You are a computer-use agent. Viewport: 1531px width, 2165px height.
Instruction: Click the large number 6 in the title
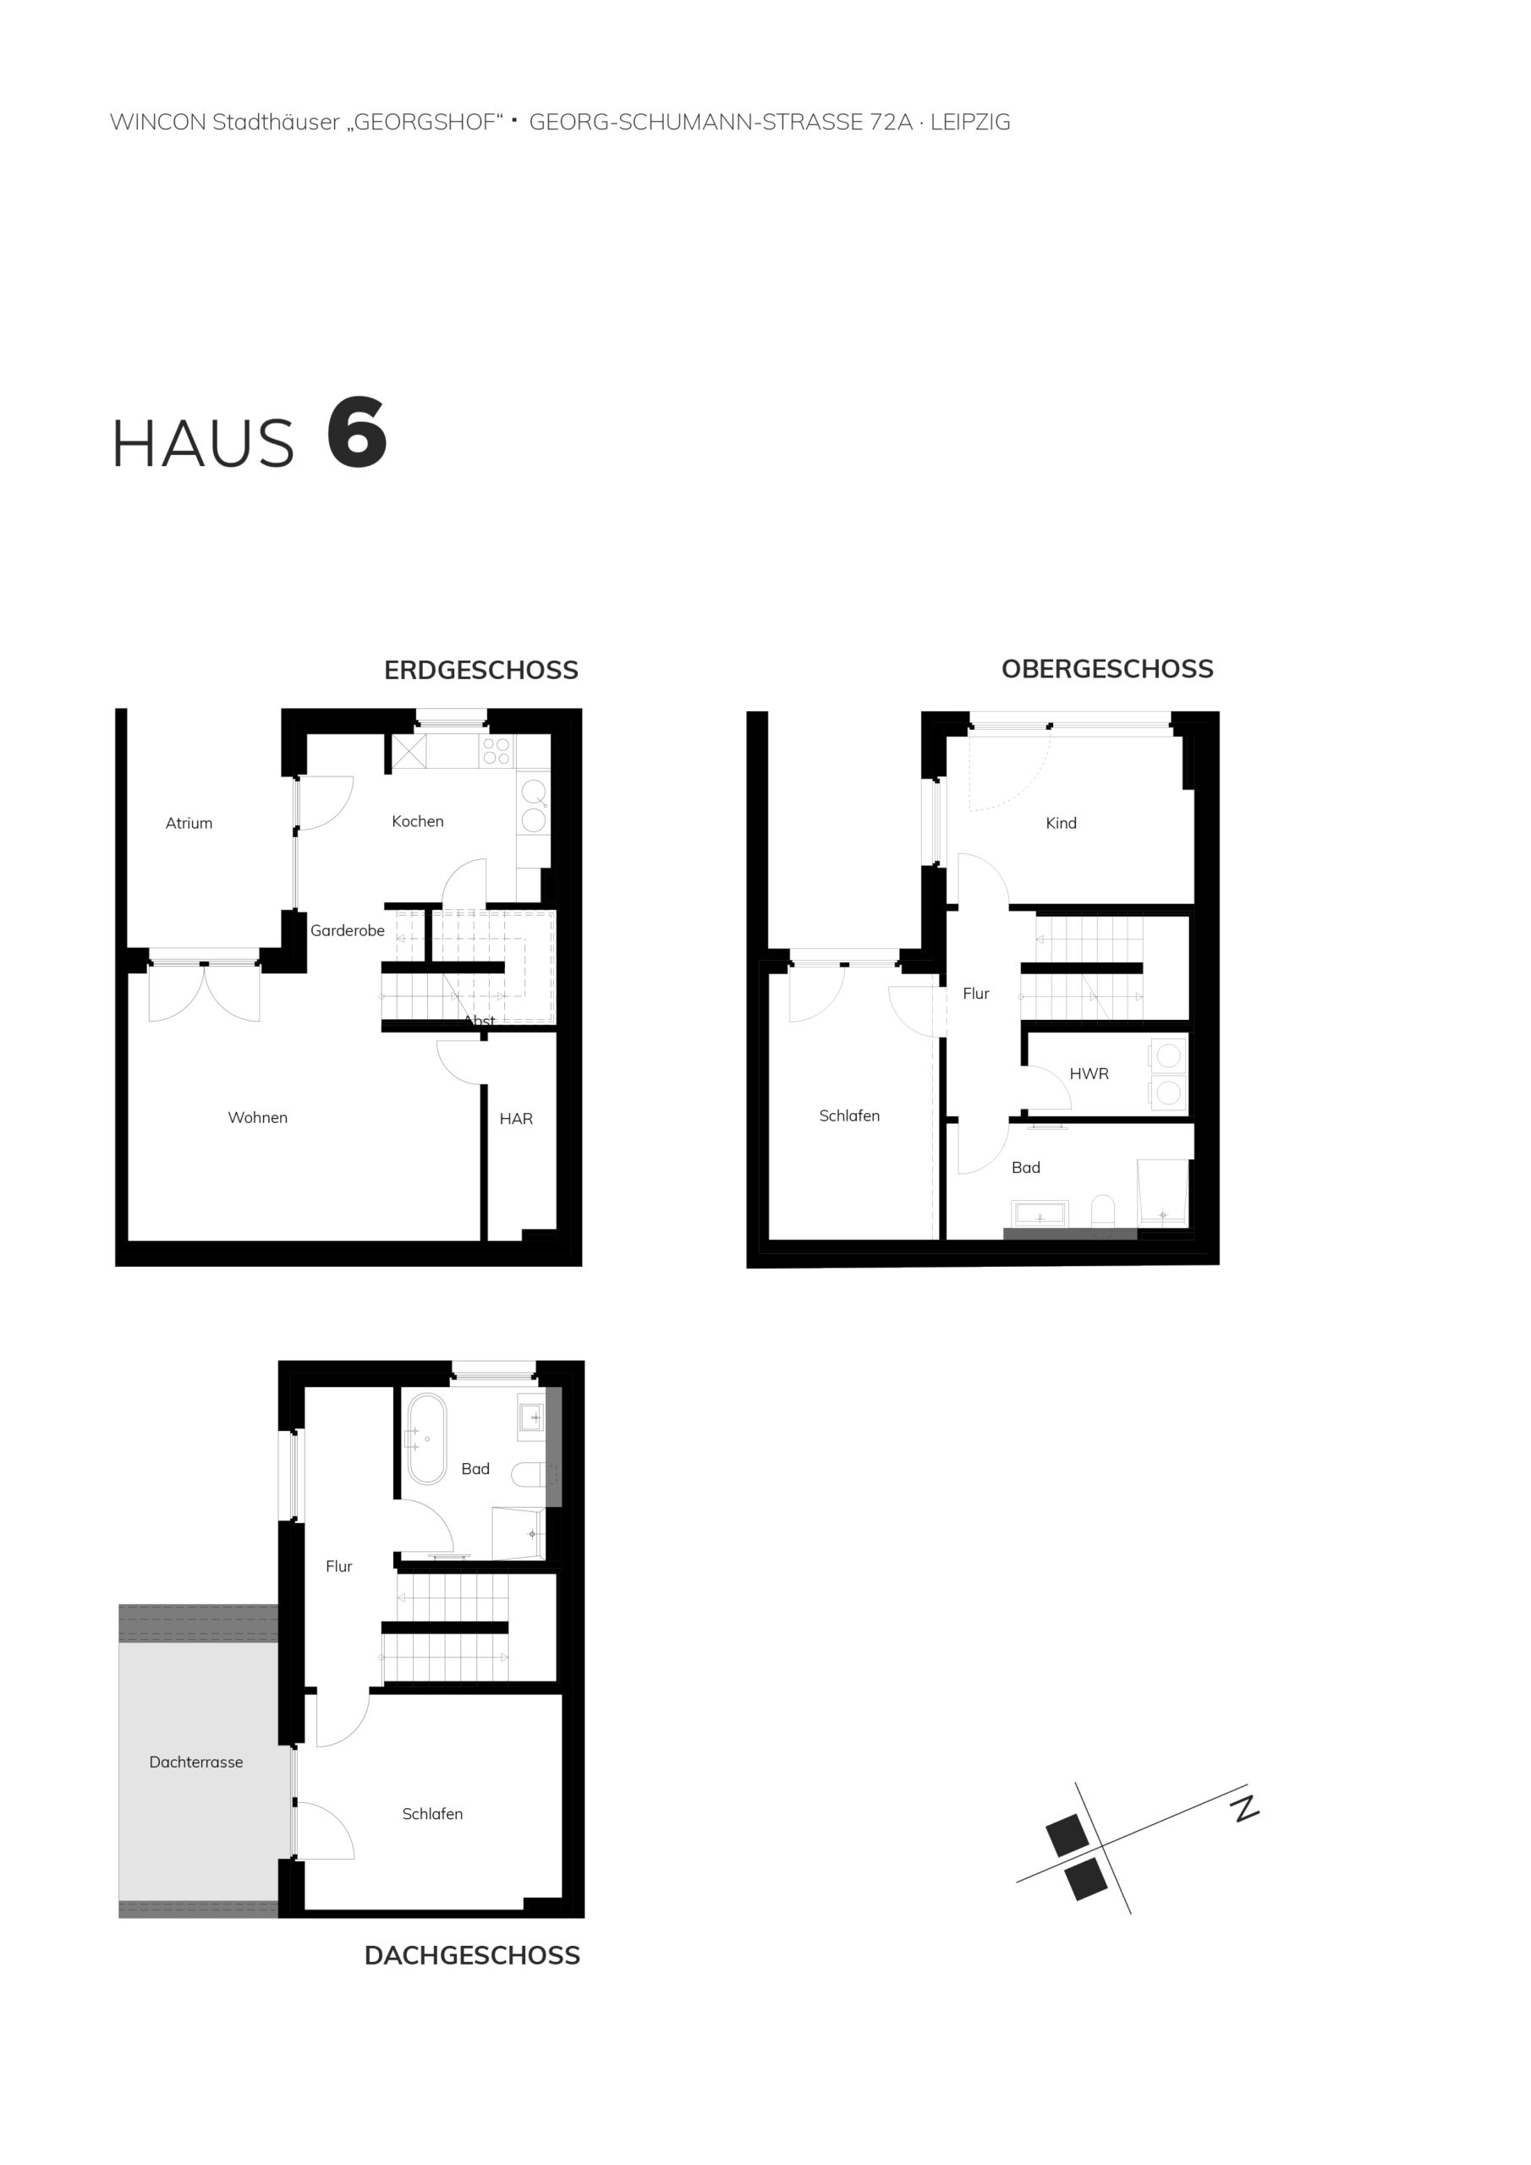pyautogui.click(x=357, y=434)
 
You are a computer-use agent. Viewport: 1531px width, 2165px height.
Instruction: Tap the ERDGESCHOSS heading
pyautogui.click(x=481, y=671)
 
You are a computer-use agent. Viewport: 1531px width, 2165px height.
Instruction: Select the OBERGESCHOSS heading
pyautogui.click(x=1107, y=670)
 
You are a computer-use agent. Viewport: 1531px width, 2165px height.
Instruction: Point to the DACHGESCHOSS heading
pyautogui.click(x=472, y=1955)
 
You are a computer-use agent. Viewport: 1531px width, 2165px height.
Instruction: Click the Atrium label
pyautogui.click(x=189, y=823)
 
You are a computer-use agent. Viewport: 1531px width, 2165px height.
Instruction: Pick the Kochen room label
pyautogui.click(x=418, y=821)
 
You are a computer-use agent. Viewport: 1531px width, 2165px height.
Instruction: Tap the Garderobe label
pyautogui.click(x=347, y=930)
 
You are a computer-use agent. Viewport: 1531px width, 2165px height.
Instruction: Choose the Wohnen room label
pyautogui.click(x=257, y=1117)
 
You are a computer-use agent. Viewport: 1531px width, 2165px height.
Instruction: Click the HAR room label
pyautogui.click(x=516, y=1118)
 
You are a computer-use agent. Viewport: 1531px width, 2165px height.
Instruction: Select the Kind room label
pyautogui.click(x=1062, y=823)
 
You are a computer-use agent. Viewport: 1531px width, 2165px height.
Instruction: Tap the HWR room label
pyautogui.click(x=1089, y=1073)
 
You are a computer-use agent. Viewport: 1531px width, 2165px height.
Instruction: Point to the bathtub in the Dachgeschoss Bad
pyautogui.click(x=426, y=1439)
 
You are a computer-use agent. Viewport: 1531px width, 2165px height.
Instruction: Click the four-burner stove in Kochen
pyautogui.click(x=497, y=752)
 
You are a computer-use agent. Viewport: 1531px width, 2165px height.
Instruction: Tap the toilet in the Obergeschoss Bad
pyautogui.click(x=1102, y=1212)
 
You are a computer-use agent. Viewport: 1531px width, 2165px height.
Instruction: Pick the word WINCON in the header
pyautogui.click(x=157, y=122)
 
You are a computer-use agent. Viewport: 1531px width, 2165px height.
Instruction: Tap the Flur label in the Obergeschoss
pyautogui.click(x=975, y=993)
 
